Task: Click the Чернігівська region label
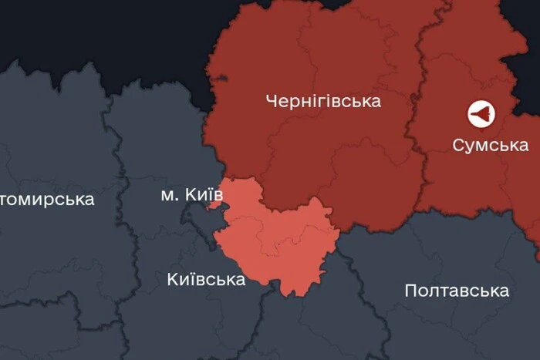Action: click(x=322, y=101)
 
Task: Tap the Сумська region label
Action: click(x=490, y=145)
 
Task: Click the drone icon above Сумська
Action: click(x=481, y=115)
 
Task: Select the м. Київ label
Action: click(x=191, y=195)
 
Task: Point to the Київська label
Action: click(x=206, y=279)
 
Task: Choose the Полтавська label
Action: click(x=457, y=291)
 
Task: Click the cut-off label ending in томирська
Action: click(x=46, y=200)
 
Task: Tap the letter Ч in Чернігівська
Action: click(x=270, y=101)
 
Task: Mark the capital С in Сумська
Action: click(x=457, y=145)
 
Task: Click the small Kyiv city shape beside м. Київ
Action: click(x=214, y=206)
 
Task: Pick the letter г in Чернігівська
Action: click(x=318, y=102)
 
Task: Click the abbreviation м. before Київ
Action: click(x=167, y=196)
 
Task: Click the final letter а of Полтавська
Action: click(x=504, y=291)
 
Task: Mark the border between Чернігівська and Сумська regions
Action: click(x=417, y=116)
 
